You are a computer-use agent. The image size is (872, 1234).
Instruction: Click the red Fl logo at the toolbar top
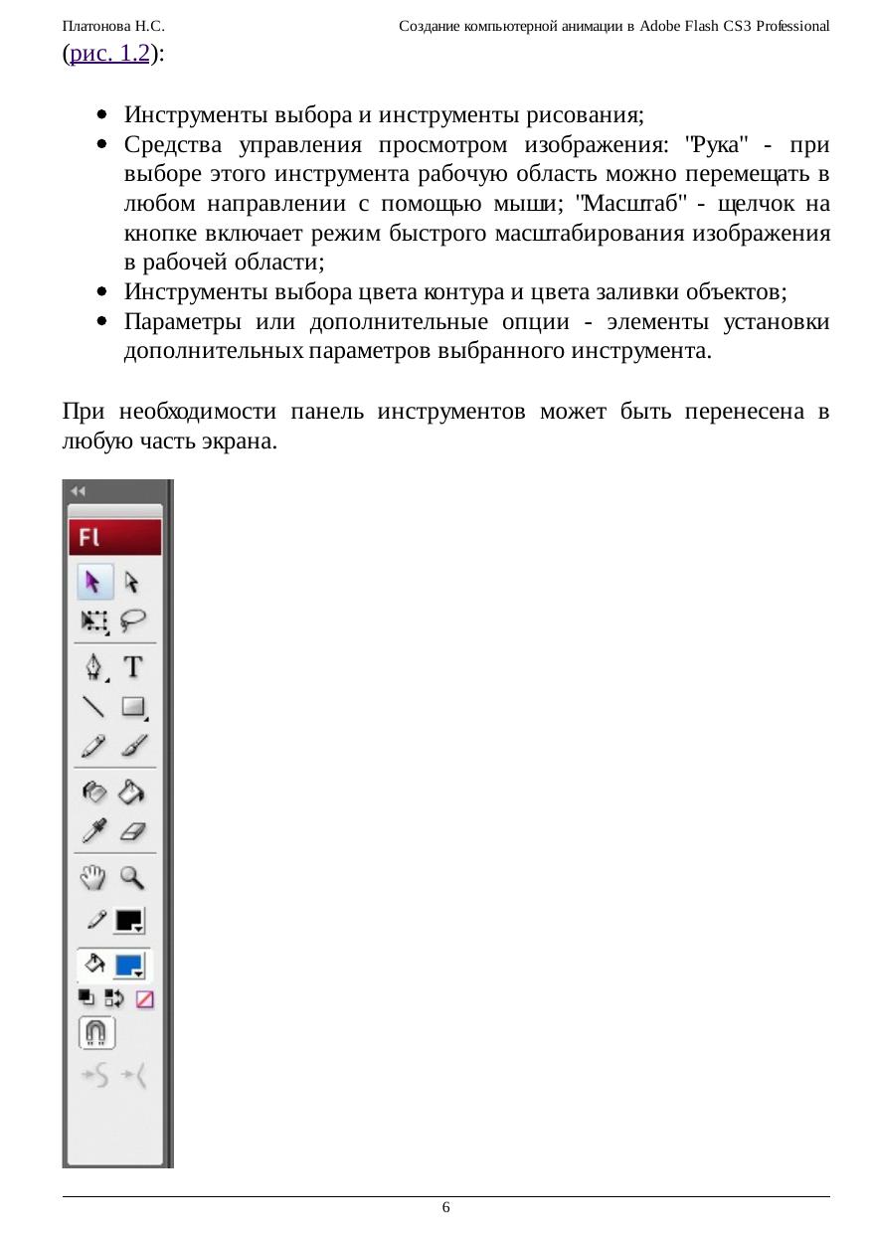114,538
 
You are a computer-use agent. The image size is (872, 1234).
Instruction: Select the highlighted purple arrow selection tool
95,582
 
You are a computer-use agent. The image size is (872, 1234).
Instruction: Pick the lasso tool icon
133,621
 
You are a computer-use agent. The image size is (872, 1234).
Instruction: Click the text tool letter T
133,666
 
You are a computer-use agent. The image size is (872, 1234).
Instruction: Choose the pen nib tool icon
94,666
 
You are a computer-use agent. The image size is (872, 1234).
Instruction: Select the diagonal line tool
94,707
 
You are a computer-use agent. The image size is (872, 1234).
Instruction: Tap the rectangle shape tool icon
133,707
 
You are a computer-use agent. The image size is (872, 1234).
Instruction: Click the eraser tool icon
133,830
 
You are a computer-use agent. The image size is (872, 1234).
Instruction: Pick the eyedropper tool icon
94,830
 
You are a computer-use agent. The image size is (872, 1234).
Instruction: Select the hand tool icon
93,877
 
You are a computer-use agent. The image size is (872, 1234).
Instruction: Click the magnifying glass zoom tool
132,877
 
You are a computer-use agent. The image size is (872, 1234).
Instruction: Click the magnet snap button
96,1032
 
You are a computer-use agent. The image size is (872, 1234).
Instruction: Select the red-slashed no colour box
145,999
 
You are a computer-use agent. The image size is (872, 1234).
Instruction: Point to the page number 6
445,1207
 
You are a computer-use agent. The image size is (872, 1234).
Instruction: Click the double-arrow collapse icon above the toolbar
79,491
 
